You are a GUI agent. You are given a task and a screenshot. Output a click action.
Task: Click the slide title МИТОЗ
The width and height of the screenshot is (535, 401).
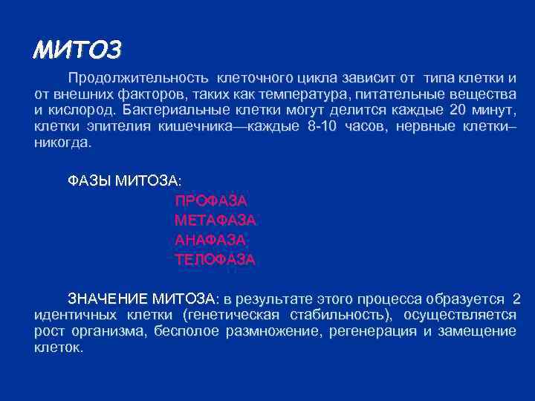point(77,50)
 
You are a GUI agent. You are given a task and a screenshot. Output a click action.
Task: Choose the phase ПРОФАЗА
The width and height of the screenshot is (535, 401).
point(210,200)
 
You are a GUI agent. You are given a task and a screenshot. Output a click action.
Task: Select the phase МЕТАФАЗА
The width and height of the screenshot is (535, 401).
point(215,220)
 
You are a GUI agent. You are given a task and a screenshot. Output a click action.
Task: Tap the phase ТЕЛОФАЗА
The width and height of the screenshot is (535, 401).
point(215,259)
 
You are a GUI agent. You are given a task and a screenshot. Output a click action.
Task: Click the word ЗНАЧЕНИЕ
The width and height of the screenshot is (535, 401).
point(108,299)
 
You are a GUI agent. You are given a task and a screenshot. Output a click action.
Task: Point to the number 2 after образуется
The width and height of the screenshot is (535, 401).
point(516,299)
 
